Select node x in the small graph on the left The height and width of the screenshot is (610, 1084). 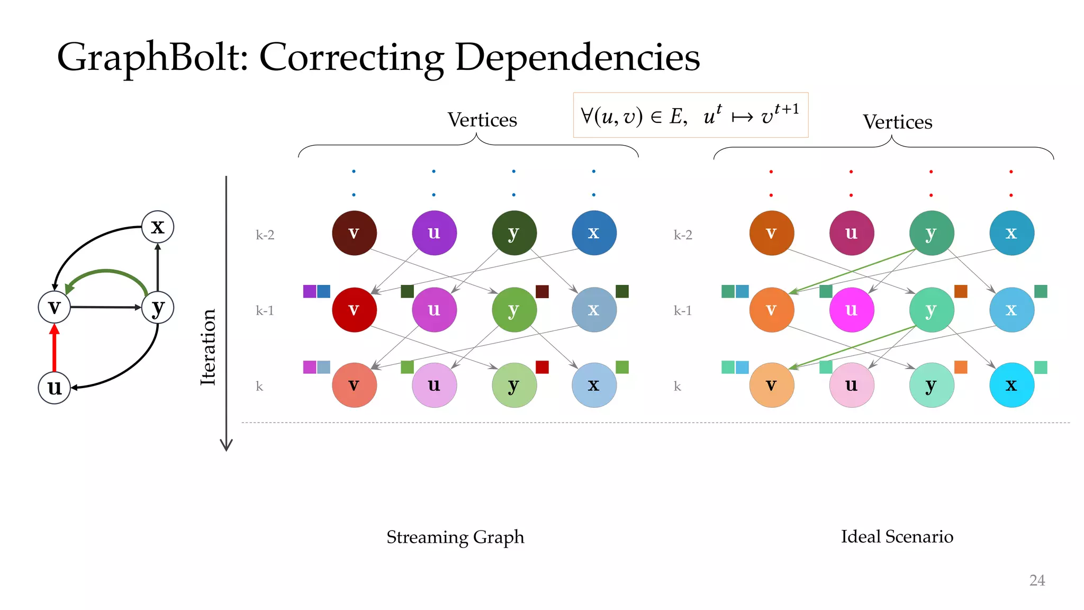click(158, 227)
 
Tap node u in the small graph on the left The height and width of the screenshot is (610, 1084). click(55, 388)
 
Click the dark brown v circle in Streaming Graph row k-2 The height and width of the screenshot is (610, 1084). click(354, 233)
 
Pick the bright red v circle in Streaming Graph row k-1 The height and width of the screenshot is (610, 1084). click(354, 310)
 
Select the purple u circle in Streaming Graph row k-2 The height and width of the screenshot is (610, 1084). click(434, 233)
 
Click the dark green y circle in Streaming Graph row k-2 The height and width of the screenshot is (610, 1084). click(514, 233)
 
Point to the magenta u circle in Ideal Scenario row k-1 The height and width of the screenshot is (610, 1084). click(851, 310)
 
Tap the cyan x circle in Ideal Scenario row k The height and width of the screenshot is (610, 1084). click(1011, 385)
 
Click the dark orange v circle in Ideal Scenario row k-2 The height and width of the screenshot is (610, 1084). click(771, 233)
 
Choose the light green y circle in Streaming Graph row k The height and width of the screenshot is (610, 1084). click(514, 385)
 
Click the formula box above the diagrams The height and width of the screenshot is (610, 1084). click(690, 115)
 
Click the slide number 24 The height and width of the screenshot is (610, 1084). click(1037, 580)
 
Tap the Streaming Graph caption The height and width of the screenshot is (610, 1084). click(455, 537)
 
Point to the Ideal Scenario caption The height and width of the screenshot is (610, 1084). click(897, 536)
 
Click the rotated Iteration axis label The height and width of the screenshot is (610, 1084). click(208, 347)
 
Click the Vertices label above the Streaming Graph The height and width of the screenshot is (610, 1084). click(482, 120)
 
